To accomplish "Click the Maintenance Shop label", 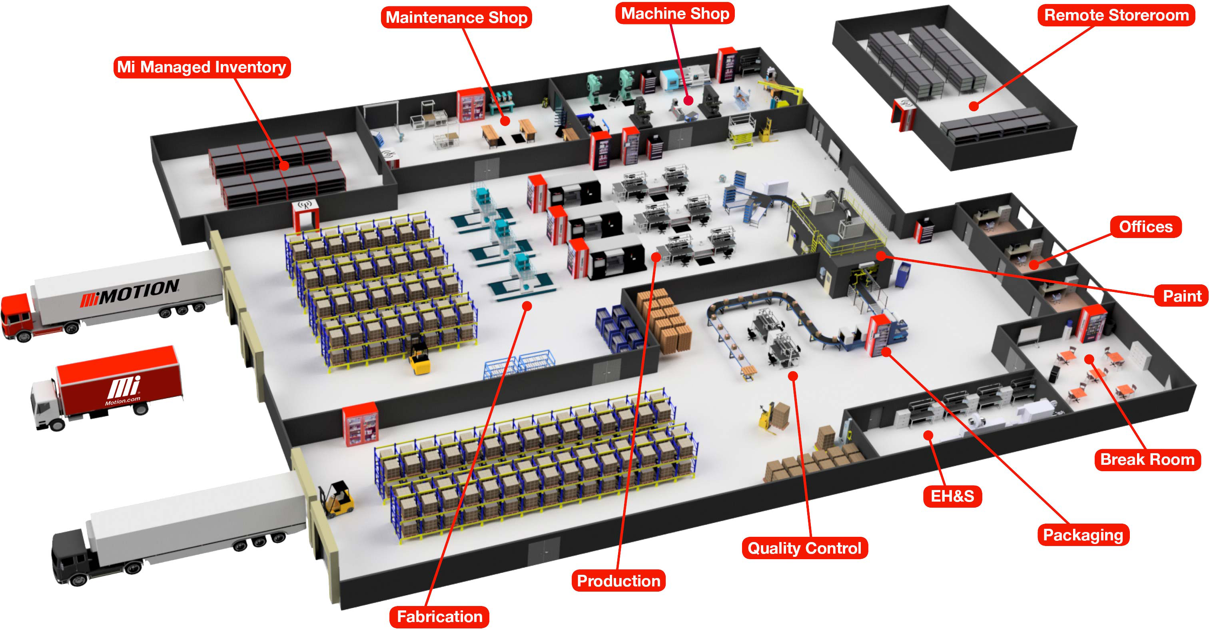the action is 456,17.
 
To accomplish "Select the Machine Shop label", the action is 675,13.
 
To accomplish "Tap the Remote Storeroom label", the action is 1116,15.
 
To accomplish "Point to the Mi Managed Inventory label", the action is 202,67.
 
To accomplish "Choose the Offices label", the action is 1146,227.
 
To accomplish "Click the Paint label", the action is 1182,296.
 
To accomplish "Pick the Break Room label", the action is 1147,459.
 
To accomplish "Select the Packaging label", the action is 1083,535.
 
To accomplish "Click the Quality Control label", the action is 804,548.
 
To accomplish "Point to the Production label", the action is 618,581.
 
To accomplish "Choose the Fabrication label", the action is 439,616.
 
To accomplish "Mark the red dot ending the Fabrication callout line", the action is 527,306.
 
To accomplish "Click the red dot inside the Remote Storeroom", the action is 974,106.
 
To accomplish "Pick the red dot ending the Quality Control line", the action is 793,376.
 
